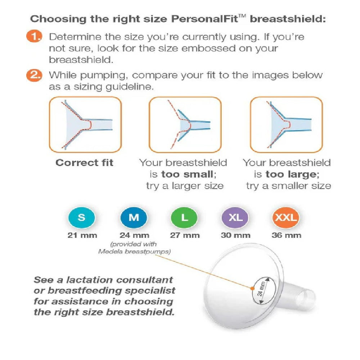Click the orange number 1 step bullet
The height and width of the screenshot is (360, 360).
(x=34, y=36)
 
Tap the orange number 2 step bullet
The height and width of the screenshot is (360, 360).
(x=34, y=75)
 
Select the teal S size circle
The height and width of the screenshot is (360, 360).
(x=81, y=217)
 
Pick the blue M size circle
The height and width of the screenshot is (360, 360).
(x=134, y=217)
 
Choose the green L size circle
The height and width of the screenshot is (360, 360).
(x=184, y=217)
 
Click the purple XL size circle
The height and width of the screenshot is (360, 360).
(x=235, y=217)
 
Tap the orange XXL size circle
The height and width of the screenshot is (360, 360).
(x=286, y=217)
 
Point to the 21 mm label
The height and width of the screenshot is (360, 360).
(x=82, y=235)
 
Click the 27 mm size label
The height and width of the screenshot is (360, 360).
(x=185, y=235)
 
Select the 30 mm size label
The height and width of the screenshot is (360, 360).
(x=235, y=235)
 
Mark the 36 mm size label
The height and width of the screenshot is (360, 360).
(x=286, y=235)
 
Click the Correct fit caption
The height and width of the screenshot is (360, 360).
(x=85, y=163)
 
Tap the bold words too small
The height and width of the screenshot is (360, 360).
(x=187, y=174)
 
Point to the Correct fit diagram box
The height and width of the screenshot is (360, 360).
(x=85, y=125)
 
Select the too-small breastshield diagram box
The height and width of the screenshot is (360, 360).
(x=185, y=125)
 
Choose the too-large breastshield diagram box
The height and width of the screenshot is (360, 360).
(x=287, y=125)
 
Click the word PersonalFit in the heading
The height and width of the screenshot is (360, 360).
(x=205, y=19)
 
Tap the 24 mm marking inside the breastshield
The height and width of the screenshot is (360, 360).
(x=261, y=289)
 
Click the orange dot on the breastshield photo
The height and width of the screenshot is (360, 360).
(x=252, y=288)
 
